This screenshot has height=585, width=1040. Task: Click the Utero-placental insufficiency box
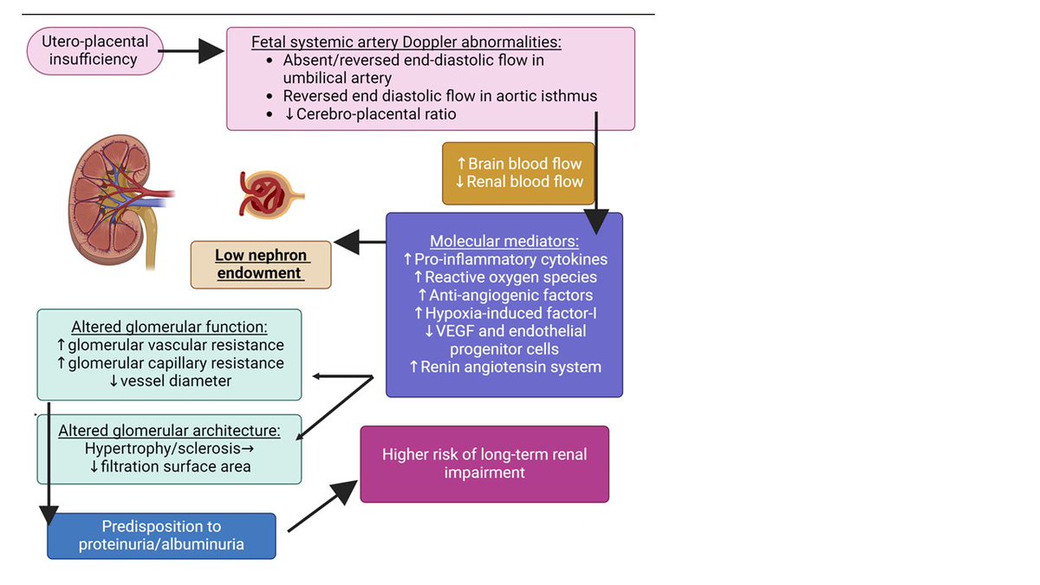click(x=95, y=50)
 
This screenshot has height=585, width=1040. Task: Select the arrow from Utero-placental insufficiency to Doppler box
click(x=192, y=51)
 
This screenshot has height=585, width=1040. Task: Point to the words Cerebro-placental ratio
click(x=376, y=114)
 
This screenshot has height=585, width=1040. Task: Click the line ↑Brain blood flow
click(x=518, y=163)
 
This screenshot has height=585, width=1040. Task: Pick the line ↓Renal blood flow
click(x=518, y=181)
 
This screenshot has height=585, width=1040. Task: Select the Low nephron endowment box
click(x=261, y=264)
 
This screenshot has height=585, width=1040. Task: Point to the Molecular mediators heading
click(x=504, y=241)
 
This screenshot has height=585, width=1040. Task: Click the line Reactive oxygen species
click(x=504, y=277)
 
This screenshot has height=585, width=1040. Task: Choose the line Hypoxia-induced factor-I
click(x=504, y=313)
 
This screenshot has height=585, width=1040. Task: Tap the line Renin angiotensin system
click(x=504, y=367)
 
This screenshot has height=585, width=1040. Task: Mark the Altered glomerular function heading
click(x=169, y=327)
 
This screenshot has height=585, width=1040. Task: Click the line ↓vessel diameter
click(x=169, y=381)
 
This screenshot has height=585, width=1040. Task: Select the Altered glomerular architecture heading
click(x=169, y=431)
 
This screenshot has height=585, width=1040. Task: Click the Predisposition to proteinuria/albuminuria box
click(x=161, y=535)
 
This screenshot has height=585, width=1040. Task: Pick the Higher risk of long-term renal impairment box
click(x=484, y=464)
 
